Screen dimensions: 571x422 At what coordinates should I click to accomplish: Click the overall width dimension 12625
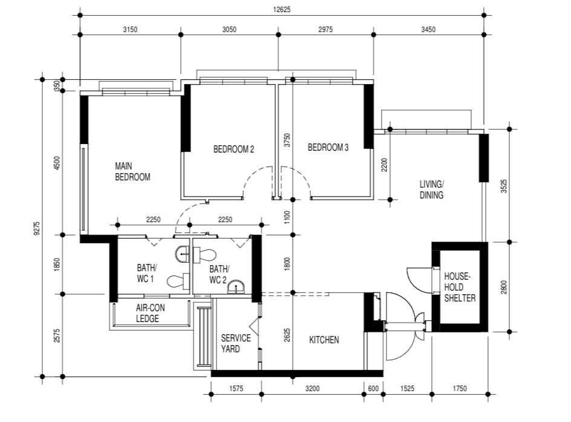282,10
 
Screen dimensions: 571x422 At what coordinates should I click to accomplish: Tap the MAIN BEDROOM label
132,171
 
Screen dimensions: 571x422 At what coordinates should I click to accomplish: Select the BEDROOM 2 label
233,149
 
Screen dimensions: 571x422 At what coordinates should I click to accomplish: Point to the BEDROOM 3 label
328,148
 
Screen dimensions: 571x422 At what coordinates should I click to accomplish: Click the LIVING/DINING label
431,190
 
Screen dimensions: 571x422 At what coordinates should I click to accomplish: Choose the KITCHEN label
324,340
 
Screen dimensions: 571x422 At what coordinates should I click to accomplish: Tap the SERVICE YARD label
236,343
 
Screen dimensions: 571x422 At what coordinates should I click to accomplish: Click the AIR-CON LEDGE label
151,314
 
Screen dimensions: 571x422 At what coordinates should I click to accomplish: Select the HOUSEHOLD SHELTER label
460,287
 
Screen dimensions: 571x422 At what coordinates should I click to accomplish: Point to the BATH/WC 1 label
147,273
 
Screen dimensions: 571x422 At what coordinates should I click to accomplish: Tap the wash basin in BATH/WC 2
237,288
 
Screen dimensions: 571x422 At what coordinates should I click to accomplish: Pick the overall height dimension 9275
36,228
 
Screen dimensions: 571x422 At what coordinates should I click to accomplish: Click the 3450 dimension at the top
428,30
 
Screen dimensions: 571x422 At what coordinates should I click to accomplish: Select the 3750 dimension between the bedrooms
287,140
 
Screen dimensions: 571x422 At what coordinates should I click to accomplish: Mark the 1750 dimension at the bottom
460,389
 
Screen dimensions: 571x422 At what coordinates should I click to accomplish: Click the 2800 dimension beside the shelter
504,287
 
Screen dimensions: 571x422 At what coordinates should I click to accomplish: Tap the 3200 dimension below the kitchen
313,389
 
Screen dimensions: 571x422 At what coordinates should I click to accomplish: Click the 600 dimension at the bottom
373,389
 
